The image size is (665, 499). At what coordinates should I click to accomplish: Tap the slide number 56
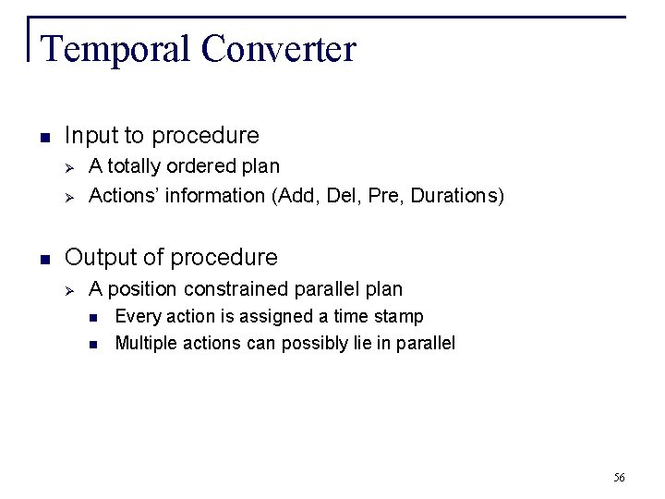pos(619,478)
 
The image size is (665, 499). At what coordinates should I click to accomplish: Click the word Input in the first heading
pos(86,136)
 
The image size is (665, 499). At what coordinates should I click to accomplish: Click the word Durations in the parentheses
pos(453,195)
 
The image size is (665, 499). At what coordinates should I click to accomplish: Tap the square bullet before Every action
pos(94,318)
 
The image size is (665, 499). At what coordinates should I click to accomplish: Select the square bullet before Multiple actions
pos(94,345)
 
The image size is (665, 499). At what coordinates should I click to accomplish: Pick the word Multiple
pos(143,344)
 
